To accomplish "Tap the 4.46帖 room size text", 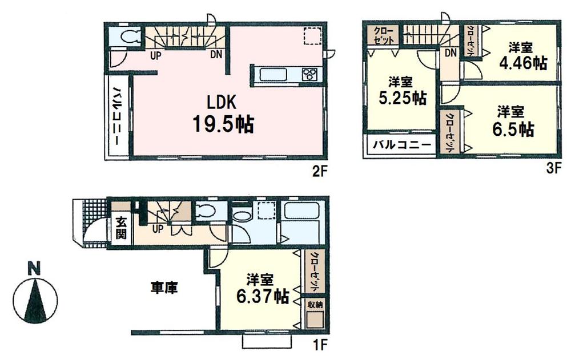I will (521, 63).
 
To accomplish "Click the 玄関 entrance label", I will (121, 229).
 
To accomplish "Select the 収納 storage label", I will (314, 305).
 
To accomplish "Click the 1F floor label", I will (318, 345).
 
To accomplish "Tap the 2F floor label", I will (318, 169).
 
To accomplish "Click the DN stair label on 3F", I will (450, 53).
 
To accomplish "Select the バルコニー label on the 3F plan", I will (403, 145).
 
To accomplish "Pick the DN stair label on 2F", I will (216, 55).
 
